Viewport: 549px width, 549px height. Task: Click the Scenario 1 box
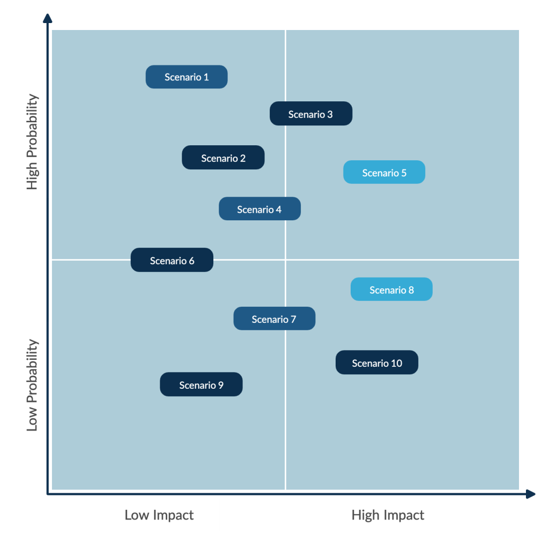(x=187, y=77)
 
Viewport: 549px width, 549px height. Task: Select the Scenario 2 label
(x=223, y=158)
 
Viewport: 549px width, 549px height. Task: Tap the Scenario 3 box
(x=311, y=114)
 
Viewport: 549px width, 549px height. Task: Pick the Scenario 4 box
(x=260, y=209)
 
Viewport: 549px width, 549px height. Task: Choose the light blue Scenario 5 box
(x=384, y=172)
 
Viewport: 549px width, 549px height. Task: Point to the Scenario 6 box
(x=172, y=260)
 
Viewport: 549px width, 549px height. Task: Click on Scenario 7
(x=274, y=318)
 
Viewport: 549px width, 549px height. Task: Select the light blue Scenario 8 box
(x=391, y=289)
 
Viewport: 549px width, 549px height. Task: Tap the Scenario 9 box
(x=202, y=384)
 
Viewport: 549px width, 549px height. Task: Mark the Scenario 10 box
(x=377, y=362)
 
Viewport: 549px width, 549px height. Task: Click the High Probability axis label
(x=32, y=142)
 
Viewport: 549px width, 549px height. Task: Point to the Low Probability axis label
(x=32, y=385)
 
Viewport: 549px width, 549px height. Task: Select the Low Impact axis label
(x=159, y=515)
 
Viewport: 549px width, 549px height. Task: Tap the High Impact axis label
(x=388, y=515)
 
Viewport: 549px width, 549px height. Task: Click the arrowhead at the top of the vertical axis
(x=48, y=18)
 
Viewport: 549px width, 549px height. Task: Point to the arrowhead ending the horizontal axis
(x=530, y=494)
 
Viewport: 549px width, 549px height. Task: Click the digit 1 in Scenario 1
(x=206, y=77)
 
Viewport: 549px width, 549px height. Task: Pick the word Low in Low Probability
(x=32, y=419)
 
